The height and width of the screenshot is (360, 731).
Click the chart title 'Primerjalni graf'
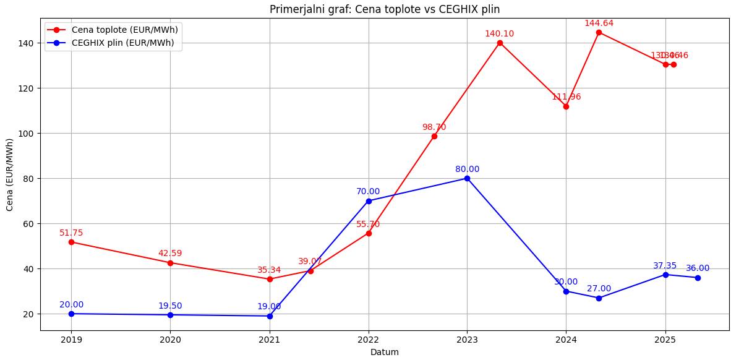384,9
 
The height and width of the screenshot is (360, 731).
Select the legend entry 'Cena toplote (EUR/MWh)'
124,30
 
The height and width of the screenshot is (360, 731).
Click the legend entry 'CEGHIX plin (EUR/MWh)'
122,43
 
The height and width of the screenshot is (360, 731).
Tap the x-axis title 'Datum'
384,352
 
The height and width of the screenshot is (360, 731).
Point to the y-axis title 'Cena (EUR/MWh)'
10,174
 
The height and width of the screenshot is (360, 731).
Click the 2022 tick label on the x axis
369,340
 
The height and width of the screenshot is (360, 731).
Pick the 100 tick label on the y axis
27,134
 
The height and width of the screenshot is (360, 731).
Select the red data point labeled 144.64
599,32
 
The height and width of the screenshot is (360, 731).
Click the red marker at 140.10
500,43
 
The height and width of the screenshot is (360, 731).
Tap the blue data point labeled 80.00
467,178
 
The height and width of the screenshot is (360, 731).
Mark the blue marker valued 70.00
369,201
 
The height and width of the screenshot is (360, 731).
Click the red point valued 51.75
71,242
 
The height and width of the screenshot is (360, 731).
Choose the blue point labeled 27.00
599,298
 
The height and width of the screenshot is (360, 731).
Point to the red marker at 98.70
434,136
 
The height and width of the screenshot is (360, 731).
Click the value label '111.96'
566,97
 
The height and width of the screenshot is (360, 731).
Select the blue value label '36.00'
698,268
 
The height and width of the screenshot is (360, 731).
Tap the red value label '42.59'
170,254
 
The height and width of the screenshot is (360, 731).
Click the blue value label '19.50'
170,306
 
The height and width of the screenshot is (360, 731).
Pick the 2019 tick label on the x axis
71,340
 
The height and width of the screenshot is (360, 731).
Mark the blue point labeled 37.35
665,275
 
